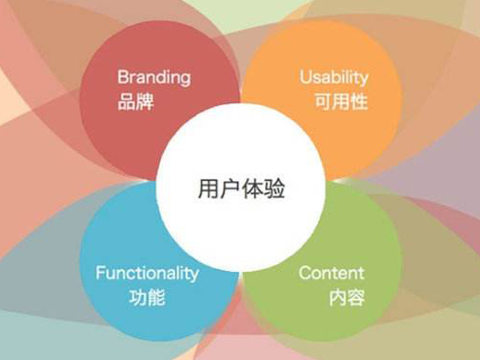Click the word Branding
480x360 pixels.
[154, 78]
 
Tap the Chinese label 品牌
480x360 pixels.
[135, 102]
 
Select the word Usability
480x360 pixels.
[334, 77]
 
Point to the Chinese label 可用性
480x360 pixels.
[341, 102]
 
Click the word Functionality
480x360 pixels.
[147, 273]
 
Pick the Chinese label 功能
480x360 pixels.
[147, 297]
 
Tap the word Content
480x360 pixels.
[332, 273]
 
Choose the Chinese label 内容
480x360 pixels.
[347, 297]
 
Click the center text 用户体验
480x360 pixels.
[242, 189]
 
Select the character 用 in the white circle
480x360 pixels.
[208, 189]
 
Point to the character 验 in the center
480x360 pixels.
[275, 189]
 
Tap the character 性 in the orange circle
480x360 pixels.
[359, 102]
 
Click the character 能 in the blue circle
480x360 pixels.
[156, 297]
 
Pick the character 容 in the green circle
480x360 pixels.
[356, 297]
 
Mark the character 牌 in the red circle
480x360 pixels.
[145, 102]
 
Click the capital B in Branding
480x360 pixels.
[123, 76]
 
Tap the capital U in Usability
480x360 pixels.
[305, 77]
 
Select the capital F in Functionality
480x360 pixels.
[100, 273]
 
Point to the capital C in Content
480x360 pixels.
[305, 273]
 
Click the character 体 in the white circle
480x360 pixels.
[253, 189]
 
